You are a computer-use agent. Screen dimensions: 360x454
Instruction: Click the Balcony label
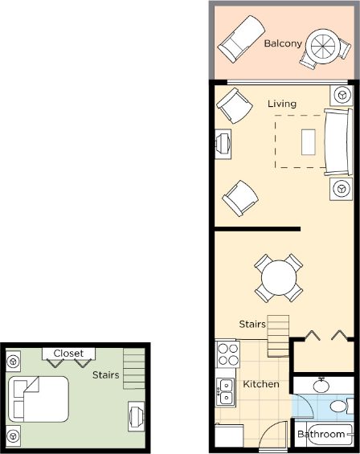(x=283, y=43)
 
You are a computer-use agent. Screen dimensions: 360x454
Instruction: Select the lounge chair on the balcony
(x=241, y=39)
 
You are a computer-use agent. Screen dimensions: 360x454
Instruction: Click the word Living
(x=282, y=104)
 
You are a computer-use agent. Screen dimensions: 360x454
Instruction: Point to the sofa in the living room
(x=338, y=142)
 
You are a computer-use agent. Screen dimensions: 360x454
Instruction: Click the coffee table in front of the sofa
(x=308, y=142)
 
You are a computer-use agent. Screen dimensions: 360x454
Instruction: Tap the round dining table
(x=279, y=278)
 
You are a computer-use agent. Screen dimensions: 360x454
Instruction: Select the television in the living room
(x=223, y=144)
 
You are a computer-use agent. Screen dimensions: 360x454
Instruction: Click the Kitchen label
(x=261, y=384)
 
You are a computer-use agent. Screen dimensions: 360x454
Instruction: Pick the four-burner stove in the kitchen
(x=228, y=354)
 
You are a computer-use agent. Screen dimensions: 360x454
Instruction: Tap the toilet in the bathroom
(x=342, y=407)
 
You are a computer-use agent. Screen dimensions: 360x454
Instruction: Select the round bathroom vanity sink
(x=321, y=385)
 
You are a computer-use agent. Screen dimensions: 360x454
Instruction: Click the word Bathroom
(x=321, y=434)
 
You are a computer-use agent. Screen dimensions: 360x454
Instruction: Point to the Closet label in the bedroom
(x=68, y=354)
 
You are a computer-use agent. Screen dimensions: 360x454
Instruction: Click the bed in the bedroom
(x=39, y=399)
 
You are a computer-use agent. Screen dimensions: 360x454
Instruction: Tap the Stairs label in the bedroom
(x=106, y=375)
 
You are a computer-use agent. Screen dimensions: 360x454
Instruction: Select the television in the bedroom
(x=137, y=416)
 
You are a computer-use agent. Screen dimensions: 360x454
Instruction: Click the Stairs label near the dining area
(x=252, y=324)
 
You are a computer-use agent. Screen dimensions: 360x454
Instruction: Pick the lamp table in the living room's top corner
(x=342, y=95)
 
